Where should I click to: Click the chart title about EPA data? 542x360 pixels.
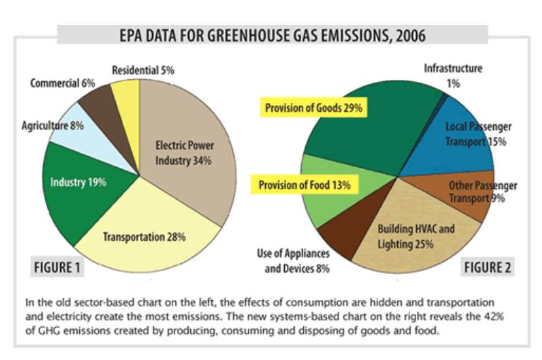(x=273, y=35)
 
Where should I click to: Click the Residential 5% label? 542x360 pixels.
(x=143, y=70)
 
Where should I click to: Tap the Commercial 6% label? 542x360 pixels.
(x=62, y=83)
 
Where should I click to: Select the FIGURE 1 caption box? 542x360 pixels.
(x=57, y=267)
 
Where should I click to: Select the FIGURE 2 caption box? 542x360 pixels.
(x=487, y=267)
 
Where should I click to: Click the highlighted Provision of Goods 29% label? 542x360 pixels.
(x=313, y=108)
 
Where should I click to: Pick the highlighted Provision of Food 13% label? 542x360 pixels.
(x=304, y=185)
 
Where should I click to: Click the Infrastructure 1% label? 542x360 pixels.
(x=453, y=76)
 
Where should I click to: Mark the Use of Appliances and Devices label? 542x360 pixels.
(x=293, y=261)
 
